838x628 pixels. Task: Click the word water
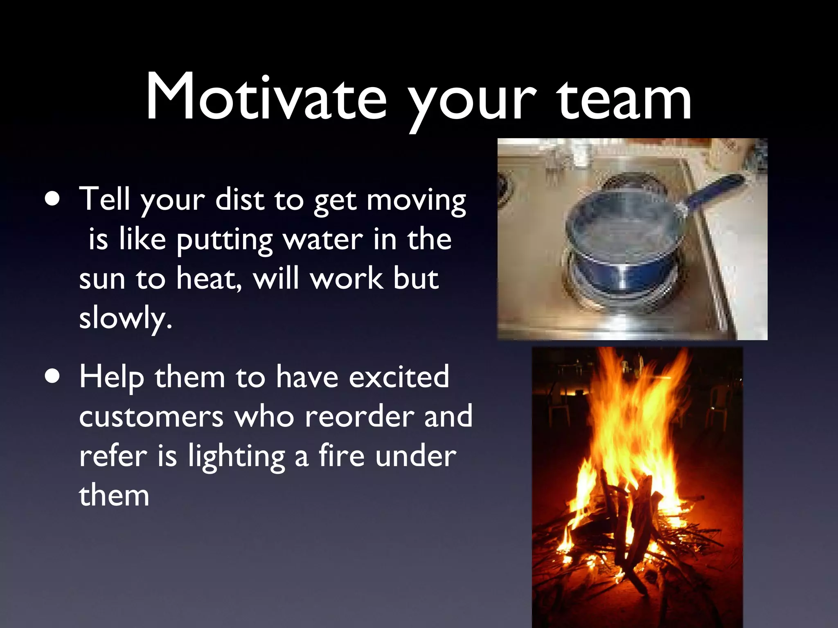[323, 240]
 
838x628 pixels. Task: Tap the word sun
[102, 280]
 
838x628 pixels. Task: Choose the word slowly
[125, 319]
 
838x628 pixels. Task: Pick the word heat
[207, 279]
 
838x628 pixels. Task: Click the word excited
[399, 377]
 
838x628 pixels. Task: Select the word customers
[151, 417]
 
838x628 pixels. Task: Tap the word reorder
[359, 417]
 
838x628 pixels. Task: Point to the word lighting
[237, 457]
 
